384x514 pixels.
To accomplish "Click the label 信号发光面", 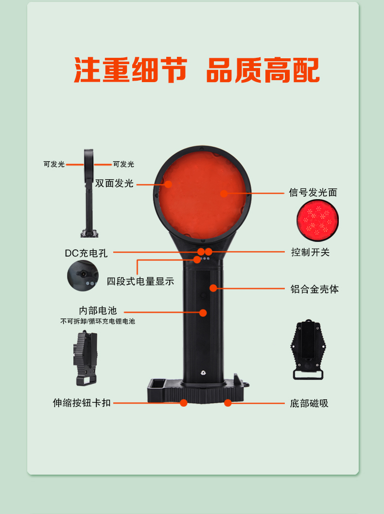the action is click(313, 192).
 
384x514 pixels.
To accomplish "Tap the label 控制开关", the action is click(310, 252).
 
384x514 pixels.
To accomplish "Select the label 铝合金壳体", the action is click(314, 289).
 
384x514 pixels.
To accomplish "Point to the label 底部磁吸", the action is click(309, 403).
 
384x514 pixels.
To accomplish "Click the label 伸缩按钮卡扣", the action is click(82, 403).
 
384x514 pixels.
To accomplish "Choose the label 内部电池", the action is click(98, 310).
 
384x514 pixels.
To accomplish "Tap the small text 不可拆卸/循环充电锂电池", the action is click(98, 321).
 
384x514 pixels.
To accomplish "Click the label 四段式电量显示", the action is click(140, 281).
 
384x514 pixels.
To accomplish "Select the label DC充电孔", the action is click(86, 253).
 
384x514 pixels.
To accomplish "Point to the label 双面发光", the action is click(114, 183).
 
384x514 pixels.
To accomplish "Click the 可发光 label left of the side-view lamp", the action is click(54, 164).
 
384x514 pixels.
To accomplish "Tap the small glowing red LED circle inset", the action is click(317, 220).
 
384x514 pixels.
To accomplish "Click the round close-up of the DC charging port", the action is click(83, 275).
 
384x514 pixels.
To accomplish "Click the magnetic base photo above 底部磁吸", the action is click(308, 350).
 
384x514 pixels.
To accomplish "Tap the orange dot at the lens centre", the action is click(224, 193).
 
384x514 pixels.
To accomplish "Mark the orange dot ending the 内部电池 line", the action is click(203, 313).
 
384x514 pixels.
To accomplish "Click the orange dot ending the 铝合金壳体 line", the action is click(213, 288).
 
